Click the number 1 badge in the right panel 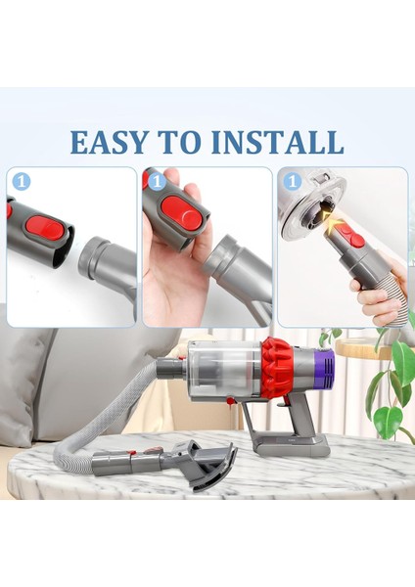[292, 182]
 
